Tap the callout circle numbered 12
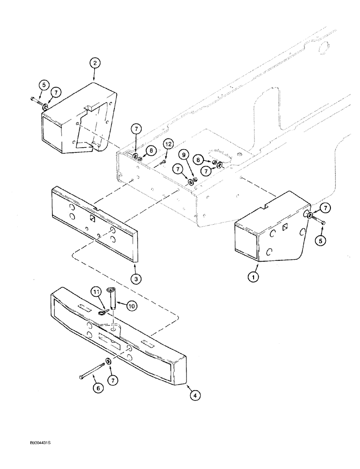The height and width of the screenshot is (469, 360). (x=168, y=144)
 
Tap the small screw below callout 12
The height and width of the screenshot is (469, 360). (x=161, y=162)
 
